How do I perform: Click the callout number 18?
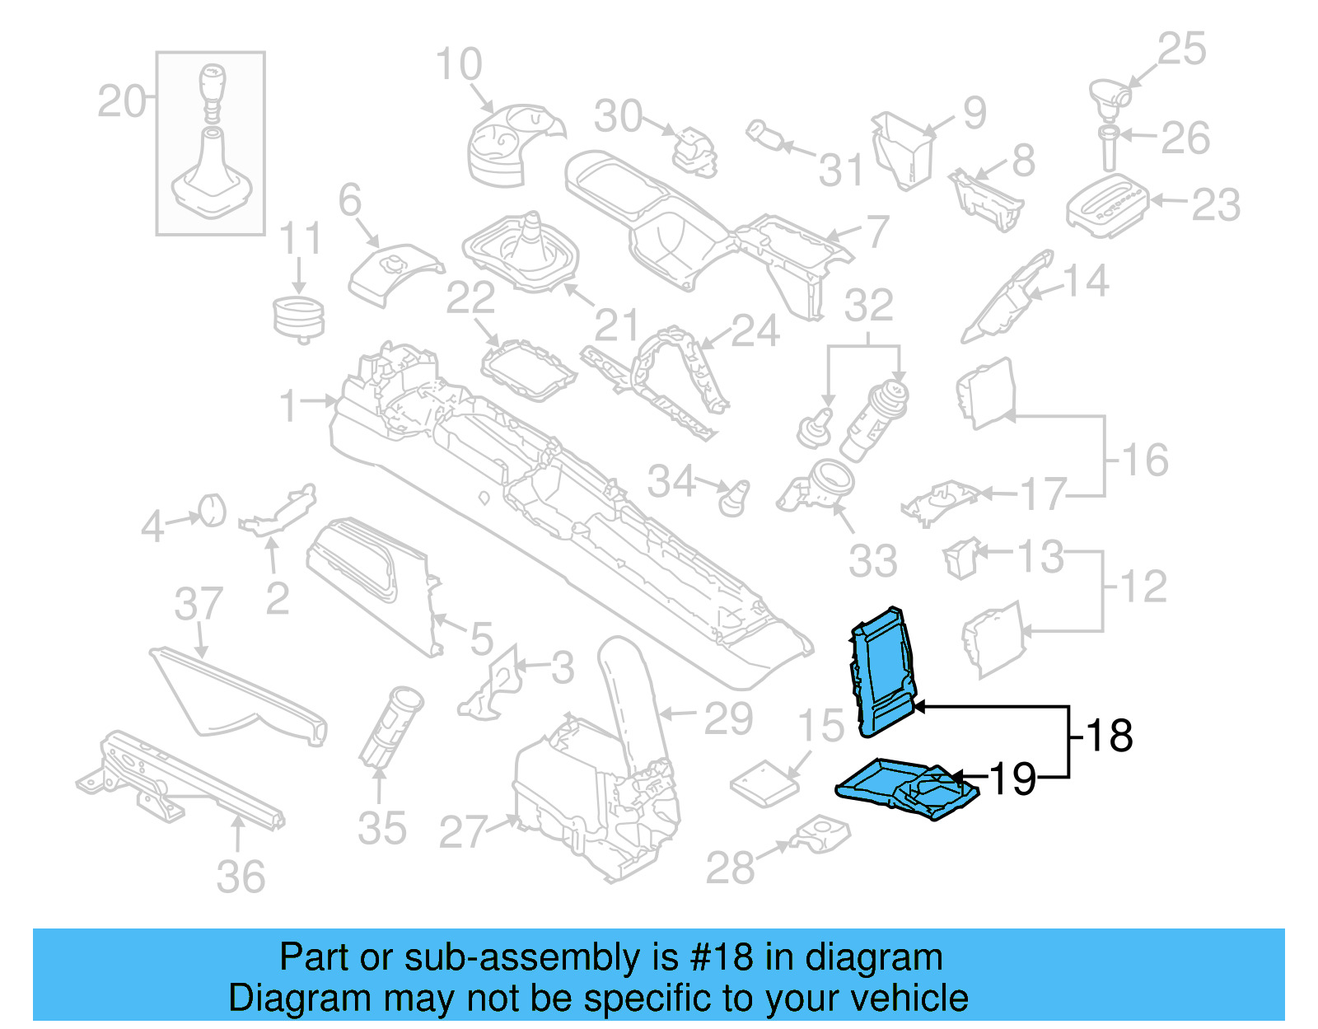(1110, 736)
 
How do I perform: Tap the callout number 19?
(1012, 779)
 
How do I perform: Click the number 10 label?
(459, 64)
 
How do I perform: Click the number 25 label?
(1181, 49)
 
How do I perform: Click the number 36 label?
(241, 877)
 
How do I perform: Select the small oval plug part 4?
(211, 510)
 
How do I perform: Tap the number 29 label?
(728, 718)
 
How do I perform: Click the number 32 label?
(868, 306)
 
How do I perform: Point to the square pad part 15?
(764, 783)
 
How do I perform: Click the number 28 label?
(730, 868)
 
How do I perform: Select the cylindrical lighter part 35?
(390, 725)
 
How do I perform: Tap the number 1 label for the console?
(288, 405)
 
